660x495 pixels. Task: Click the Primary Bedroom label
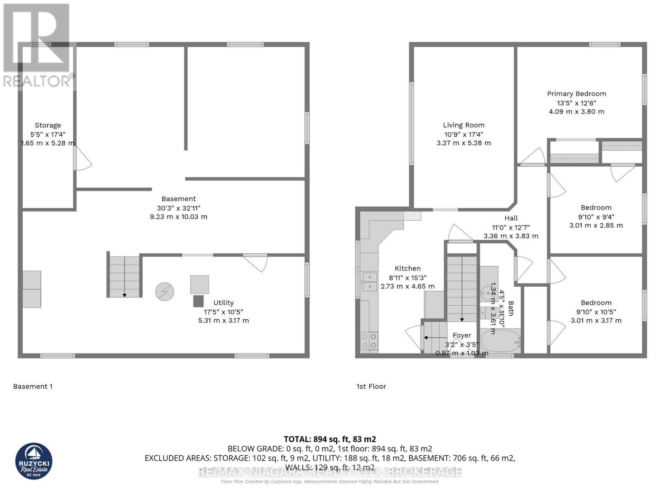[576, 94]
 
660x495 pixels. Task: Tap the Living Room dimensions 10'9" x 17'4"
[464, 134]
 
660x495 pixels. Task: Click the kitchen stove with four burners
[369, 341]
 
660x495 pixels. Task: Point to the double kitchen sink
[369, 282]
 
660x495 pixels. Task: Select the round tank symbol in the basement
[165, 292]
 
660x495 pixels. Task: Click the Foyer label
[462, 335]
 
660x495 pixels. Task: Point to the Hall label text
[511, 218]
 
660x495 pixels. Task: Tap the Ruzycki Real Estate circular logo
[34, 461]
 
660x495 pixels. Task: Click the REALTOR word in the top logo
[37, 81]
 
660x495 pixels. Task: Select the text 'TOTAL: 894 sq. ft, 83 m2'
[330, 439]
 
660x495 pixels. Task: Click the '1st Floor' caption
[371, 387]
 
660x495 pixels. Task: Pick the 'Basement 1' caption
[33, 387]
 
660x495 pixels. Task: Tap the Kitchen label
[407, 269]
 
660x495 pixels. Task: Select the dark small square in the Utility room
[198, 301]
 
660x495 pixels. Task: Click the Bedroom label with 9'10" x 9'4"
[596, 207]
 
